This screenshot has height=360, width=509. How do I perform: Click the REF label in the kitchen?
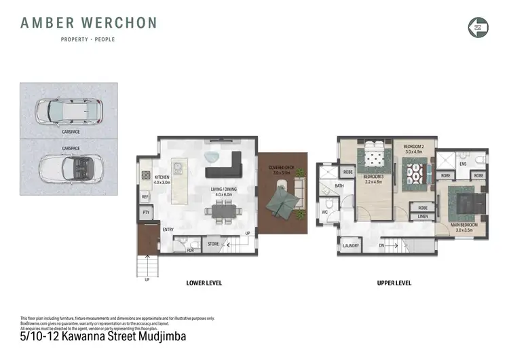click(145, 197)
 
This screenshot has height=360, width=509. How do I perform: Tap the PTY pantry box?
click(145, 213)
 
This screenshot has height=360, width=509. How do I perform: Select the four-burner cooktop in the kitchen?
click(145, 175)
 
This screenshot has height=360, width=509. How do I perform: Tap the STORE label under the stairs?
click(213, 243)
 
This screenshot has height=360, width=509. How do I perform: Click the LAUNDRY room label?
click(350, 246)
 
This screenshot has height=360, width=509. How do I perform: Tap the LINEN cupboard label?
click(422, 217)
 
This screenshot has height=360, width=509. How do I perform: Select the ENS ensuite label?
click(462, 164)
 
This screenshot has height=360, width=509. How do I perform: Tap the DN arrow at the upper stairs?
click(381, 244)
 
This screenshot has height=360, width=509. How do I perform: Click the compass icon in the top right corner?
click(478, 26)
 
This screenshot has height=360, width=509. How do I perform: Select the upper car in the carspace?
click(68, 110)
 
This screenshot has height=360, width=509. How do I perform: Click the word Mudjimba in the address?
click(157, 336)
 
